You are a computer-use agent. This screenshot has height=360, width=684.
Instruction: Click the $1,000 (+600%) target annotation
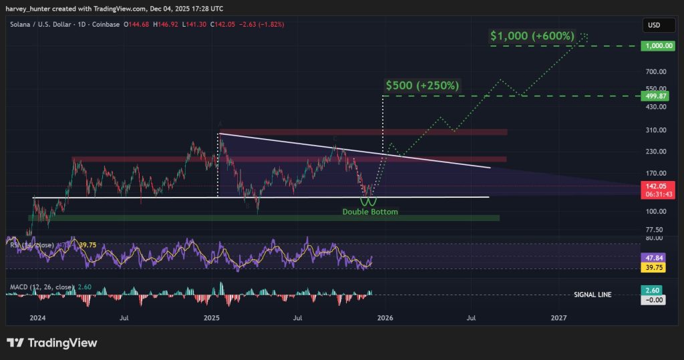(532, 36)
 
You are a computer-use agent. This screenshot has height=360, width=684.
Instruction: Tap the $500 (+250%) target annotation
(422, 85)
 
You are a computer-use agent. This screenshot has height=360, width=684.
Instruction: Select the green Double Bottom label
(370, 212)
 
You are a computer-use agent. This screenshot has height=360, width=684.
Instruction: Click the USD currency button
(653, 25)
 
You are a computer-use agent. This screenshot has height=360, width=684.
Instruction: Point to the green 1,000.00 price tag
(654, 46)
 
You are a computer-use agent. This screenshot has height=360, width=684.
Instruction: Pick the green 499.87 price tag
(654, 96)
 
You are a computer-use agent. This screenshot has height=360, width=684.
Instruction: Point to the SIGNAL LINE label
(592, 295)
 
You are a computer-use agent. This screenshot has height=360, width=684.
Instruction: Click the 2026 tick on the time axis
(385, 318)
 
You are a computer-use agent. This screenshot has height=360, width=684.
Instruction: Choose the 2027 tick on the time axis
(559, 318)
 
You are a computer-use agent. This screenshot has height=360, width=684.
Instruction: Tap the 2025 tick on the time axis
(212, 318)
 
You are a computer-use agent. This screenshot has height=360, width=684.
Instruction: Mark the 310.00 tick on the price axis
(654, 130)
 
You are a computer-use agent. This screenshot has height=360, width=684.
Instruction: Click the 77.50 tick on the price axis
(654, 229)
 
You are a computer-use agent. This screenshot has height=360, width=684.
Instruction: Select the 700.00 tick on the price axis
(654, 71)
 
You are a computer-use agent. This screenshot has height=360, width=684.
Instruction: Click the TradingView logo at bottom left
(52, 343)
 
